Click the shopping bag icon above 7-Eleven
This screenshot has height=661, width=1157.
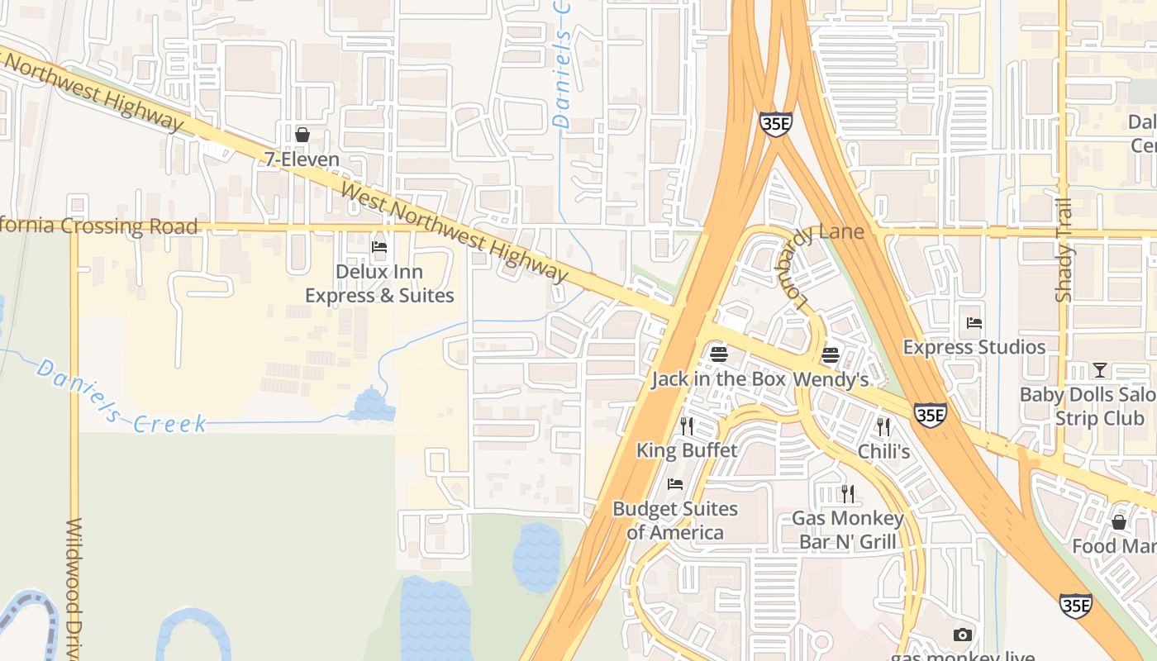302,134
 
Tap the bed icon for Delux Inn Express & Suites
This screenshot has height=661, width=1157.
379,246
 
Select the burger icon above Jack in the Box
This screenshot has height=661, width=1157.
719,354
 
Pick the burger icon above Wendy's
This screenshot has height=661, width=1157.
831,355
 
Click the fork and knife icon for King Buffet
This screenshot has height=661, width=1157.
687,426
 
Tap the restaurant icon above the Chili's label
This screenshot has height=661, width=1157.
883,426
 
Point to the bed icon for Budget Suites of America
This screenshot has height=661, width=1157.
675,484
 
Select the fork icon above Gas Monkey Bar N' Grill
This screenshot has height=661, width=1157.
847,493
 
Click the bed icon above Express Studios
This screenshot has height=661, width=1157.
974,322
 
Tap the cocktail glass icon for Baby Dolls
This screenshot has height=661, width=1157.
1100,369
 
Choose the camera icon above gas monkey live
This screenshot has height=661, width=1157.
962,635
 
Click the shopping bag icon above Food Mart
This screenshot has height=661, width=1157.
1119,522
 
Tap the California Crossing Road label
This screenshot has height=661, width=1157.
99,226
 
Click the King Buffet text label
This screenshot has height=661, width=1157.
687,450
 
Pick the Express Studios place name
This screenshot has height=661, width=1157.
974,347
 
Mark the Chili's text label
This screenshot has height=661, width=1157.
883,451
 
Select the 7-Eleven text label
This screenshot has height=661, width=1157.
302,159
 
